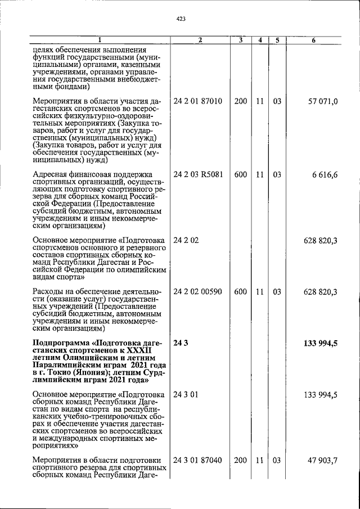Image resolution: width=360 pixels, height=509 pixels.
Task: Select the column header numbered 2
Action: point(200,40)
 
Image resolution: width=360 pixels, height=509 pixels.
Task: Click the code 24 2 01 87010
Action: point(198,102)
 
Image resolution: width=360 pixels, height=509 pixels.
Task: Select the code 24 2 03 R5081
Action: point(199,175)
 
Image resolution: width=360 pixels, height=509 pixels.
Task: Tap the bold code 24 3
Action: point(180,343)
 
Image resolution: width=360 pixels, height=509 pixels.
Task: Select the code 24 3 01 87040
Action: point(198,461)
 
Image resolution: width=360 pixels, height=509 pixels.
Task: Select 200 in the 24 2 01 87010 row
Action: point(241,102)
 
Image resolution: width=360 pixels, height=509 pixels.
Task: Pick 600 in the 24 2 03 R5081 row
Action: point(241,175)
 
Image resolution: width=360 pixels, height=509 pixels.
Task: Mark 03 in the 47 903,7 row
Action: point(277,461)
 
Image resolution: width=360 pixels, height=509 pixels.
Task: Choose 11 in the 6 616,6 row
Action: point(260,175)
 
